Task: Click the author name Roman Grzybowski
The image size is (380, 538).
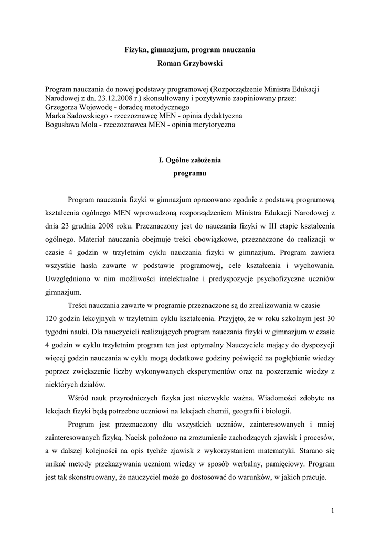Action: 189,63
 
